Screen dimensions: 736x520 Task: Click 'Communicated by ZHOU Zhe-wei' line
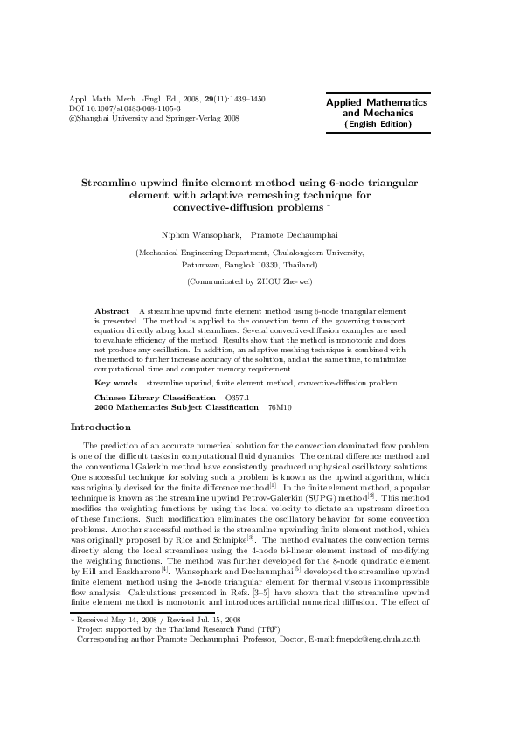coord(250,281)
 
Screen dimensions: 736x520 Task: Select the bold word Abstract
coord(112,311)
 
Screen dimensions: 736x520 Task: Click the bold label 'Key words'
coord(115,383)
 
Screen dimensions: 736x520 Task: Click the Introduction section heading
coord(101,427)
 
